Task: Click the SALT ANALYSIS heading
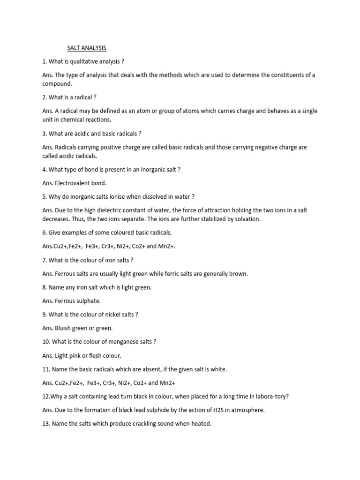tap(85, 47)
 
